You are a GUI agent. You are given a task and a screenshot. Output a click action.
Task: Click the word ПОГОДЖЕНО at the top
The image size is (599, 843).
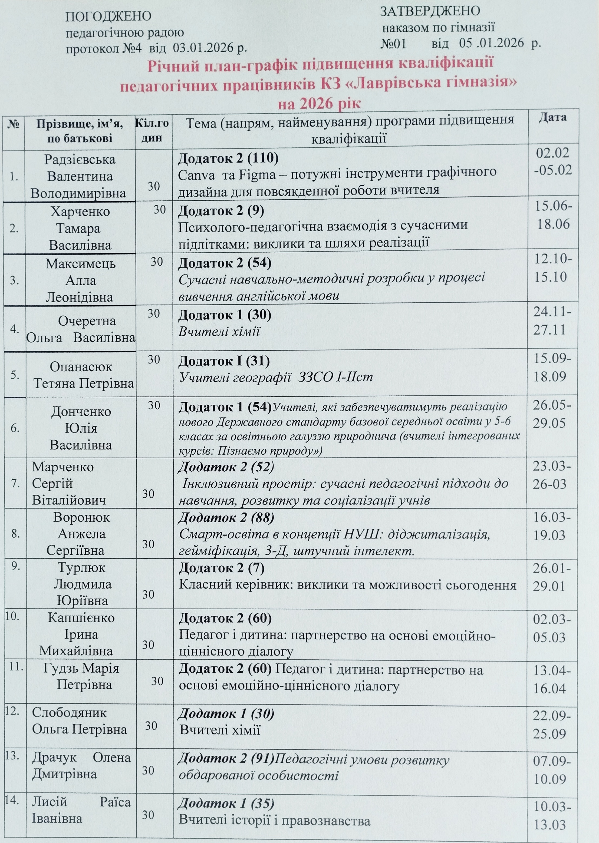(108, 16)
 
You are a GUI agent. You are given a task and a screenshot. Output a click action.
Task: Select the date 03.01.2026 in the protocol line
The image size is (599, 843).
(204, 48)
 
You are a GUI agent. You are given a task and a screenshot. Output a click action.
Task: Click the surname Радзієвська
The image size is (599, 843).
(80, 160)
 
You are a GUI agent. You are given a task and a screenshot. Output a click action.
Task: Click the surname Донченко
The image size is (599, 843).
(81, 411)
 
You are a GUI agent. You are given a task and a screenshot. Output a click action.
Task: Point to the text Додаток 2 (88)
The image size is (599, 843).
(226, 518)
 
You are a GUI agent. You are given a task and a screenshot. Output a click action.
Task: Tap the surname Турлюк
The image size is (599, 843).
(81, 568)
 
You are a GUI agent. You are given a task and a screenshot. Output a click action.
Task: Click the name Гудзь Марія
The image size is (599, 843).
(81, 668)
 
